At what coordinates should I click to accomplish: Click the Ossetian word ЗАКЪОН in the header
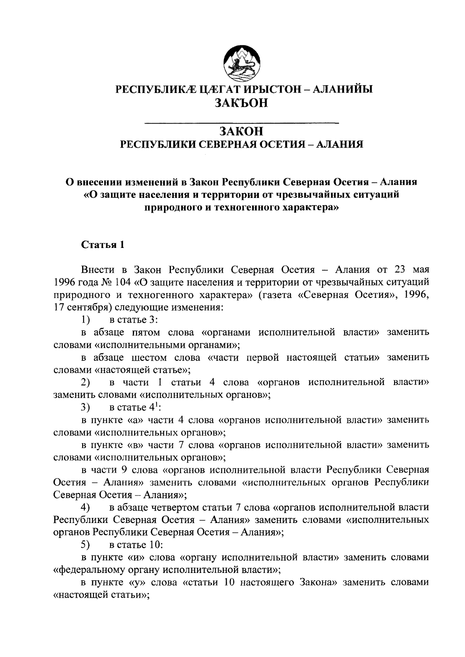241,103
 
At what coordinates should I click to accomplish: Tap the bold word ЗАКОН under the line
241,132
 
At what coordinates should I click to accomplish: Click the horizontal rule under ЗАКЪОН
241,123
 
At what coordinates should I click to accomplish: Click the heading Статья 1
103,245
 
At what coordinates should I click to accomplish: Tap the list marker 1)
86,320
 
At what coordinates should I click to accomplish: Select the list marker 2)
86,383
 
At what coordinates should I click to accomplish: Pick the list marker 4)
86,507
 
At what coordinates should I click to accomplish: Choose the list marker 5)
86,545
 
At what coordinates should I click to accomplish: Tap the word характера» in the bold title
303,208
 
